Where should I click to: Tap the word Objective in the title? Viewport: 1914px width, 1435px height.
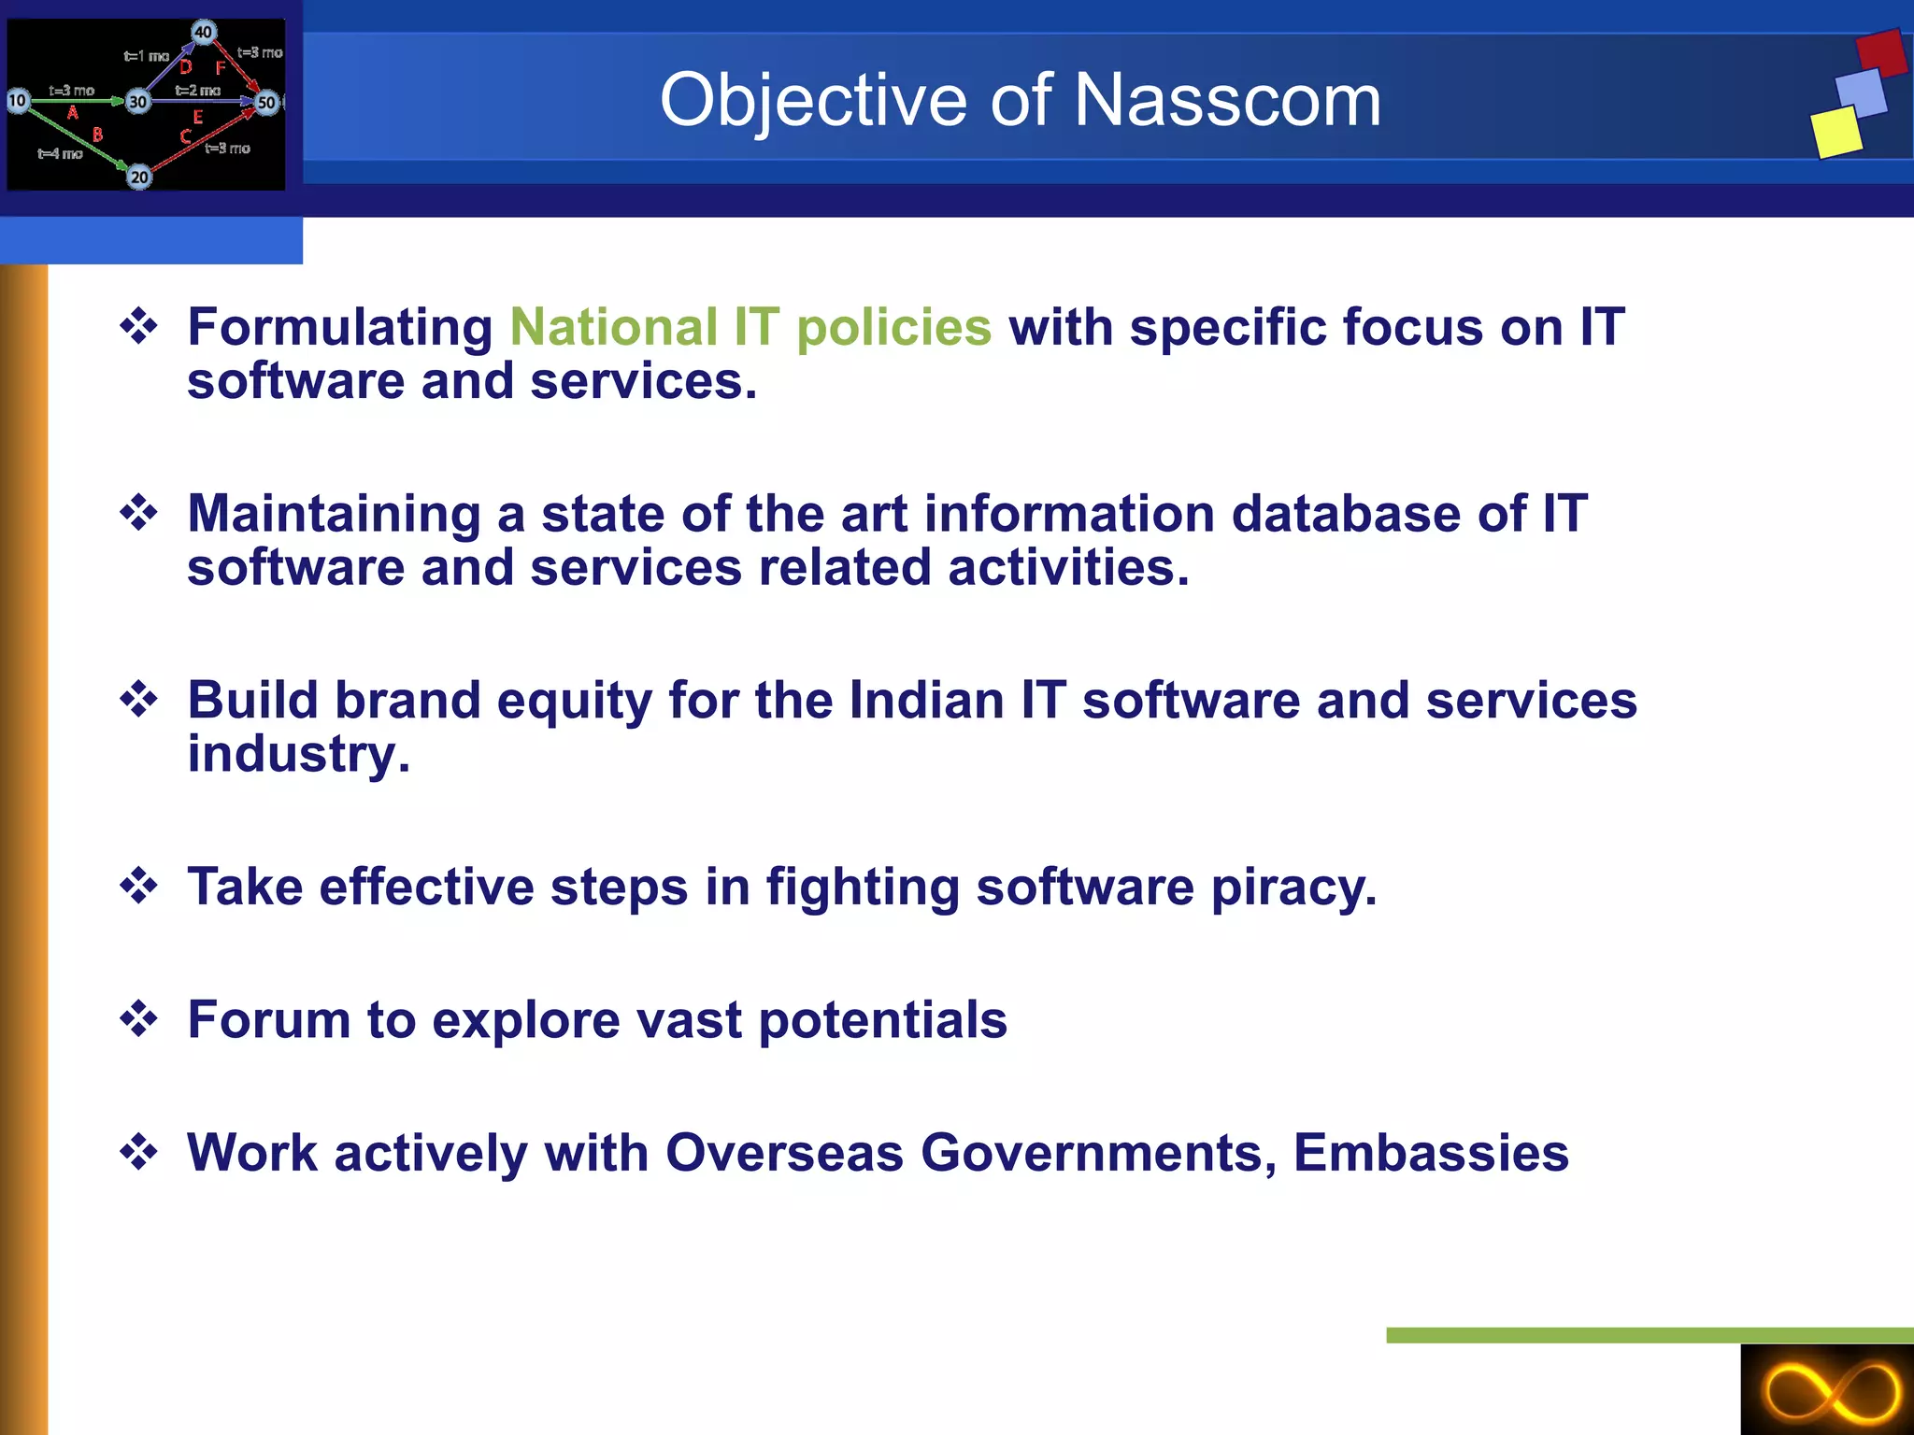812,100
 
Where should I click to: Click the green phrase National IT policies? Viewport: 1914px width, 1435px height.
750,327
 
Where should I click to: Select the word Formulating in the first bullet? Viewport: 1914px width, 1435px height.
340,328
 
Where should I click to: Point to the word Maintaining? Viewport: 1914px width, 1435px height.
334,514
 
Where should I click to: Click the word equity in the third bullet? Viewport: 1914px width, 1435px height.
574,701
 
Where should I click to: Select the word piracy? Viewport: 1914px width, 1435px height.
1293,887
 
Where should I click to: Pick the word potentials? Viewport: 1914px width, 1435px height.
882,1019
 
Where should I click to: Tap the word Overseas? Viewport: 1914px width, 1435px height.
784,1152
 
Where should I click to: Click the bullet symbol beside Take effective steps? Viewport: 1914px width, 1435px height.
139,886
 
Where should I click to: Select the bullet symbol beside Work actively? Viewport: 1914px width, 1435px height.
139,1151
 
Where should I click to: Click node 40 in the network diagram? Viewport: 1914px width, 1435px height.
204,32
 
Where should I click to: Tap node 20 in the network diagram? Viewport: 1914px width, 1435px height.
139,177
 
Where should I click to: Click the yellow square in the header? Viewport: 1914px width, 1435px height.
1836,132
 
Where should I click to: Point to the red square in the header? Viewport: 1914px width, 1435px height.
1880,53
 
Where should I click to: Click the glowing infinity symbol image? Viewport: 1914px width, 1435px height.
1827,1390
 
